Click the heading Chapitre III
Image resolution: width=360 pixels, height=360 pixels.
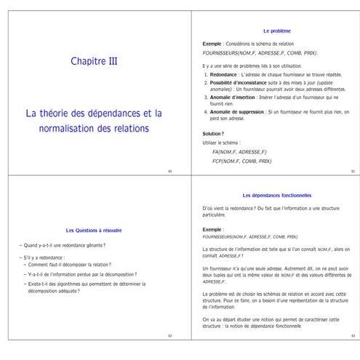click(94, 61)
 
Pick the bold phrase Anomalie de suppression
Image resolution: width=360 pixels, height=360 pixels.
click(236, 111)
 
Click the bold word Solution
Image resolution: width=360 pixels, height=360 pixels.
click(212, 134)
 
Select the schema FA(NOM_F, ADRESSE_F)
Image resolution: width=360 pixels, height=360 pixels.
click(239, 151)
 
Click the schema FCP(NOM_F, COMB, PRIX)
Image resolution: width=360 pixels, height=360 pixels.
click(241, 161)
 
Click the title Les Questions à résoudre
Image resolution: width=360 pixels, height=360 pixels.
click(94, 230)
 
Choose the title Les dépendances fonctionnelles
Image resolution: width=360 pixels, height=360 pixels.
click(276, 195)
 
